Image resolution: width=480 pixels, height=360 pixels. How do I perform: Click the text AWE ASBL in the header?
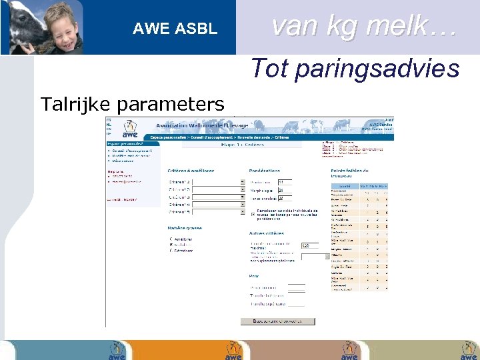175,29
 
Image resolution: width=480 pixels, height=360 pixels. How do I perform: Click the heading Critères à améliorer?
191,171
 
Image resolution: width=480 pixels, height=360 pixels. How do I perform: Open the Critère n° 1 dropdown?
243,181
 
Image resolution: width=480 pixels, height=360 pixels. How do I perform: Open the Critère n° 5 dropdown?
243,213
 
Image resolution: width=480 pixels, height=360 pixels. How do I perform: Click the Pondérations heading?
265,171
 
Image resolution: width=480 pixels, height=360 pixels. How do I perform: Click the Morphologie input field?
284,190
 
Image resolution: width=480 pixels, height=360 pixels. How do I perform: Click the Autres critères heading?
267,233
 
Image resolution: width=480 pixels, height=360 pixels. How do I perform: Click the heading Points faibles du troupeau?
351,173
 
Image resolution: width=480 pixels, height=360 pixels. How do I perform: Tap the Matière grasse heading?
185,228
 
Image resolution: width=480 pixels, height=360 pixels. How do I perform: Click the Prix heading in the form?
253,275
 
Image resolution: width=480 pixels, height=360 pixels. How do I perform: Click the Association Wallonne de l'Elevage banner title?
202,125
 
